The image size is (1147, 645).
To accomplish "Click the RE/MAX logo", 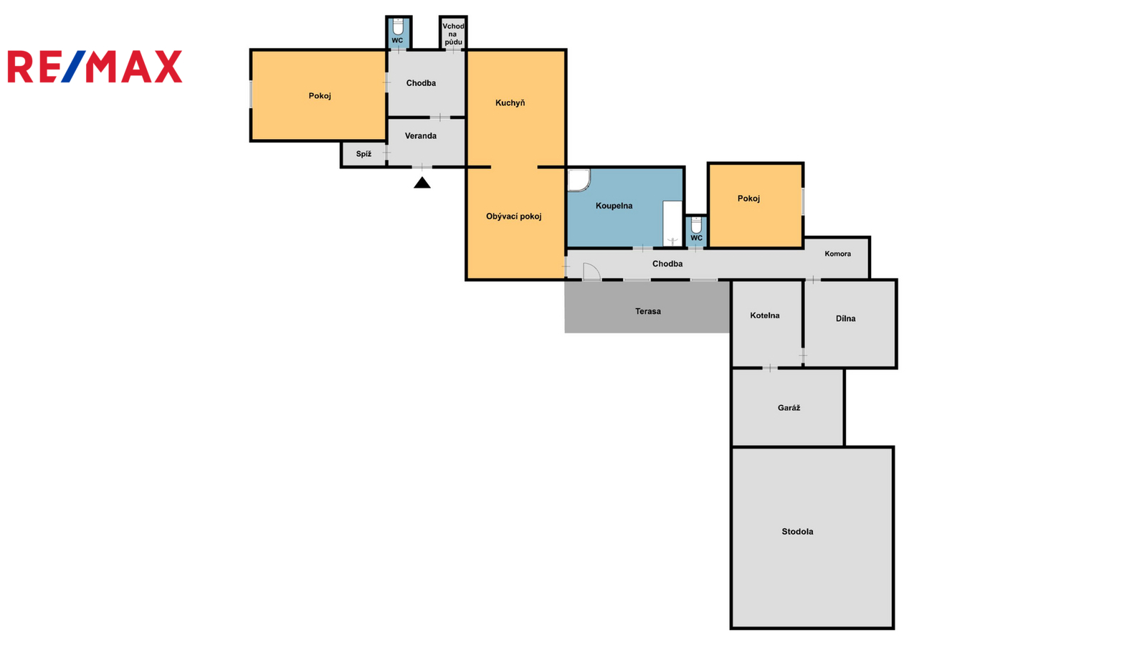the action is click(x=95, y=67).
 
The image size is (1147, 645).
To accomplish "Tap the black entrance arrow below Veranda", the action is click(x=422, y=183).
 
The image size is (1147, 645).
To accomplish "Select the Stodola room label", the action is click(x=797, y=531).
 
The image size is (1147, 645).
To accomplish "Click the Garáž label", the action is click(x=789, y=408).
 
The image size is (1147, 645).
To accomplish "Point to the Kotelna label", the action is click(x=764, y=315).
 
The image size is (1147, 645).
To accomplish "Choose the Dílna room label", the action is click(x=845, y=318).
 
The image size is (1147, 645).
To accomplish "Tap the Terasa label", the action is click(x=648, y=311).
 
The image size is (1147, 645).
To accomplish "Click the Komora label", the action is click(x=838, y=254).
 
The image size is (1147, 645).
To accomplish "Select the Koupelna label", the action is click(x=614, y=206).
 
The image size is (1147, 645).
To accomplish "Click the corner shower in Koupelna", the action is click(x=579, y=180).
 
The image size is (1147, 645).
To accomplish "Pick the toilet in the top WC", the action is click(x=398, y=27).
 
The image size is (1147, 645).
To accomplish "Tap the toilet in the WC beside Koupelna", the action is click(x=696, y=225).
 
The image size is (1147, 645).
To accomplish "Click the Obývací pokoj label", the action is click(x=513, y=216).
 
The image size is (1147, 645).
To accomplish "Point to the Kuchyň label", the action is click(x=510, y=103).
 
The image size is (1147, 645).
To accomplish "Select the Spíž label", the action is click(x=363, y=153).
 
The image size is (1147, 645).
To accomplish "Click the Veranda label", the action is click(x=420, y=135).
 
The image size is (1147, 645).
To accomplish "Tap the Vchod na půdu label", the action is click(x=453, y=34).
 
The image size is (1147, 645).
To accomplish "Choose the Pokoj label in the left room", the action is click(x=320, y=96).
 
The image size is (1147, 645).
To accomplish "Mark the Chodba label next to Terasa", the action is click(x=667, y=264).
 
